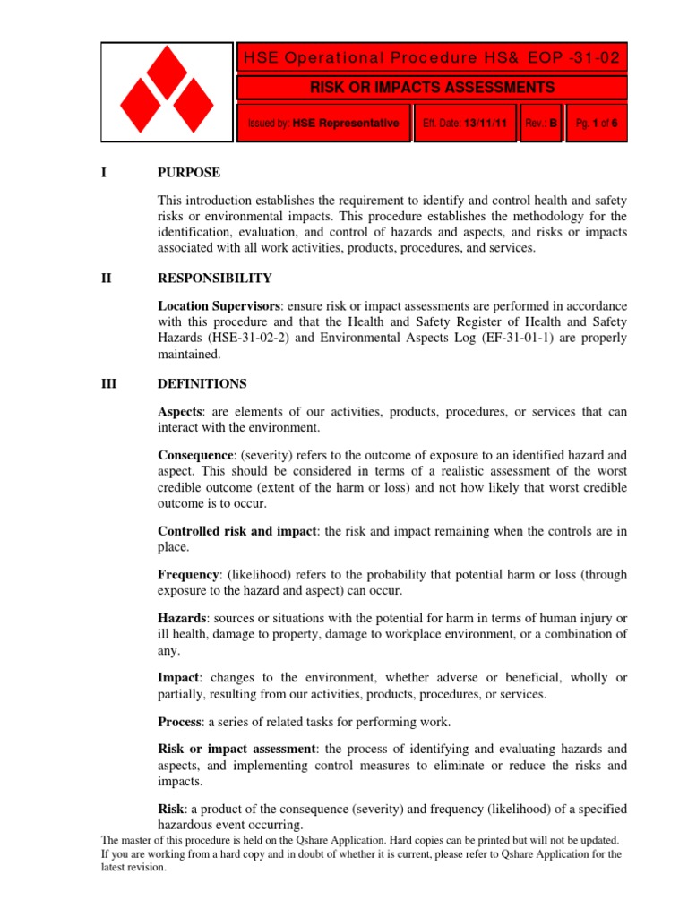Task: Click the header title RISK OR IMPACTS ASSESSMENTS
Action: pos(432,88)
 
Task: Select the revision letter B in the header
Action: pos(554,125)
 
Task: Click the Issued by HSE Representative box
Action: pos(323,125)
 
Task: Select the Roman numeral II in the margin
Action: pos(107,279)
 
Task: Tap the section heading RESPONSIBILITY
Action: pos(214,279)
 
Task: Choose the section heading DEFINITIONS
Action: pos(202,383)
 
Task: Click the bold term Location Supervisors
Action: pos(219,305)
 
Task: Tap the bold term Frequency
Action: pos(188,575)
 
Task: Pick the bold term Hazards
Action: pos(183,619)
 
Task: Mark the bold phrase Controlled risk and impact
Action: pos(236,531)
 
